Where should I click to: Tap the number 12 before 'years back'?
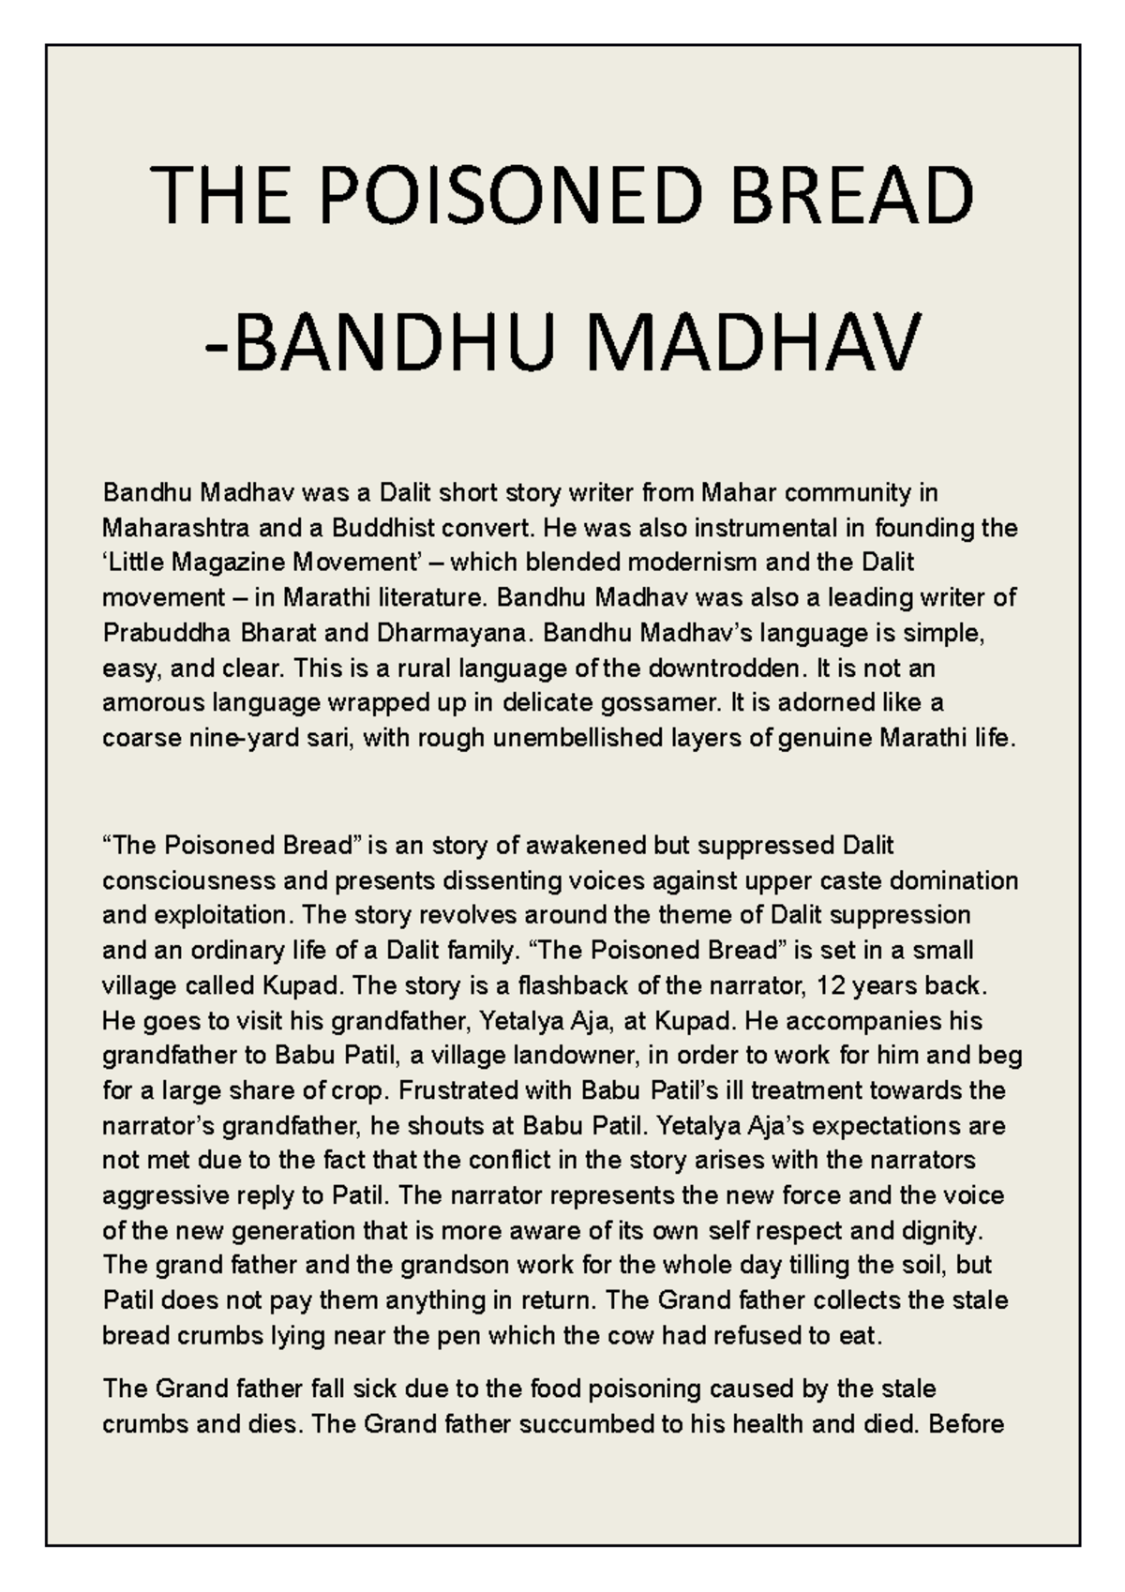point(831,986)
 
